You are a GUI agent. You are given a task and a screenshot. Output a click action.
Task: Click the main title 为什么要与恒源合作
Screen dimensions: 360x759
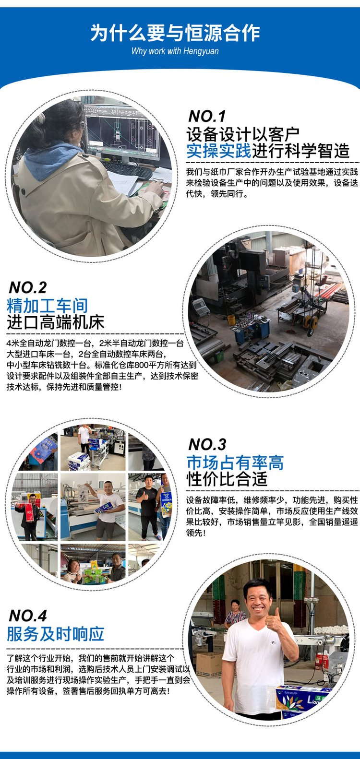click(x=175, y=33)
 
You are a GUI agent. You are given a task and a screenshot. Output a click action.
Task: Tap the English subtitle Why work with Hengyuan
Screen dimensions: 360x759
click(x=175, y=51)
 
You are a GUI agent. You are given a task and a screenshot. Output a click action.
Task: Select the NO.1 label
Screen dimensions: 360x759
click(x=207, y=116)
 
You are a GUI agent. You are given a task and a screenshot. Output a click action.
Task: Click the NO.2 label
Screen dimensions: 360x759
click(x=28, y=288)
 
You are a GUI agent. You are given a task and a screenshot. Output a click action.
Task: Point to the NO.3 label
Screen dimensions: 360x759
click(x=207, y=444)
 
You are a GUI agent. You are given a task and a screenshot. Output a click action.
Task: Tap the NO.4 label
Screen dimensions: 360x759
click(x=28, y=616)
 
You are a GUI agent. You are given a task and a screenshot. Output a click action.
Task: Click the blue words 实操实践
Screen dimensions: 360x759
click(x=219, y=151)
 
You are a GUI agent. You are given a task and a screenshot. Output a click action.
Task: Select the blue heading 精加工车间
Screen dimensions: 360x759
click(x=47, y=306)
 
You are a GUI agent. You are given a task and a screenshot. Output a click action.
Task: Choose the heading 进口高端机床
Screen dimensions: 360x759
click(x=55, y=322)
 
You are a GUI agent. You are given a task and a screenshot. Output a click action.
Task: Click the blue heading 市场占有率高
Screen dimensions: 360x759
click(x=235, y=463)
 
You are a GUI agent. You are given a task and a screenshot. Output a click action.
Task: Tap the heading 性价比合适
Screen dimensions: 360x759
click(x=227, y=479)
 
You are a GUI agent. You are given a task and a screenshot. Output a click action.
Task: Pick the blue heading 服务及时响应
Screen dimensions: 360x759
click(x=55, y=634)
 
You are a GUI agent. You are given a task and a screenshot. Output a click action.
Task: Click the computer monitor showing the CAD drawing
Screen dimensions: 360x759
click(x=121, y=131)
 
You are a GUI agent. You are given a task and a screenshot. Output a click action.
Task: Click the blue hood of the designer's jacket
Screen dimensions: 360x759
click(x=52, y=159)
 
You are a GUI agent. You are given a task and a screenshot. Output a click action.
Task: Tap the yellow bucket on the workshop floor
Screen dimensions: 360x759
click(x=231, y=320)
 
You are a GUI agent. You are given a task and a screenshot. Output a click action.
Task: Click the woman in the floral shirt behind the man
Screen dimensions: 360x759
click(x=235, y=614)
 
